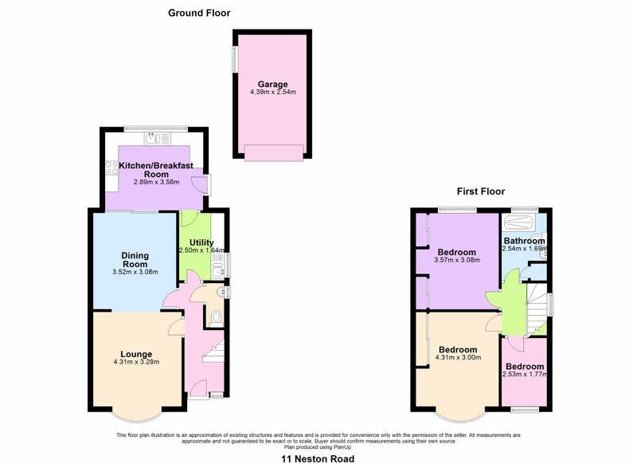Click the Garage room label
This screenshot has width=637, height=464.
(272, 85)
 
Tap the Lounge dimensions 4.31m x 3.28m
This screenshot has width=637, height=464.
(136, 361)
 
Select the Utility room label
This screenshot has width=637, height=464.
(201, 243)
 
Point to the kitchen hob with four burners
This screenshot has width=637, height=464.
(111, 168)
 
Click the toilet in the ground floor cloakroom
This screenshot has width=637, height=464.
(216, 318)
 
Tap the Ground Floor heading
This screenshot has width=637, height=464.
(199, 13)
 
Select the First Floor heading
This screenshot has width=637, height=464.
(481, 191)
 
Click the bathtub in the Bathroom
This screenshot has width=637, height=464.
(519, 222)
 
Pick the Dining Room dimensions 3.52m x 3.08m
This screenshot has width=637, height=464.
(135, 272)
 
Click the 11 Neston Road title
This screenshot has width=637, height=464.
(318, 458)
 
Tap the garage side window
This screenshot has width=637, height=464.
(235, 60)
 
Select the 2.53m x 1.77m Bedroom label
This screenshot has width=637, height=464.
(525, 371)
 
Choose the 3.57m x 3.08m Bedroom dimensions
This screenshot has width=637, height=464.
(457, 260)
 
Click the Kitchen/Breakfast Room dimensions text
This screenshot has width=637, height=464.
(156, 183)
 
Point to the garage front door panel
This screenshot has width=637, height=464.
(274, 152)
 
